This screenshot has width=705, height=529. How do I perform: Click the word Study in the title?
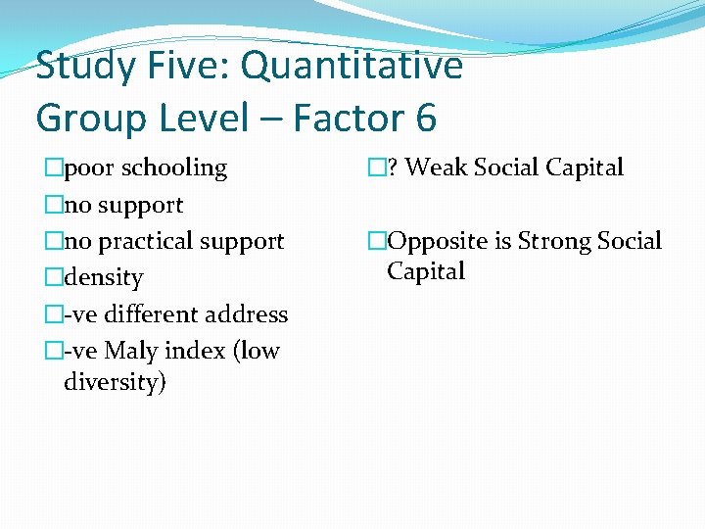(84, 67)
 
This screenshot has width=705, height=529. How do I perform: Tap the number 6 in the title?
(425, 119)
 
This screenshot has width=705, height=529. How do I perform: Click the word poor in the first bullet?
(87, 168)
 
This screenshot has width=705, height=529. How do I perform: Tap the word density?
(103, 278)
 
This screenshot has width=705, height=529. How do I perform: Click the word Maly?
(133, 351)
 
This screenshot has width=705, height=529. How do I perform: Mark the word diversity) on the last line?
(115, 381)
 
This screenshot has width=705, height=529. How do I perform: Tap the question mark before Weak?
(392, 168)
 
